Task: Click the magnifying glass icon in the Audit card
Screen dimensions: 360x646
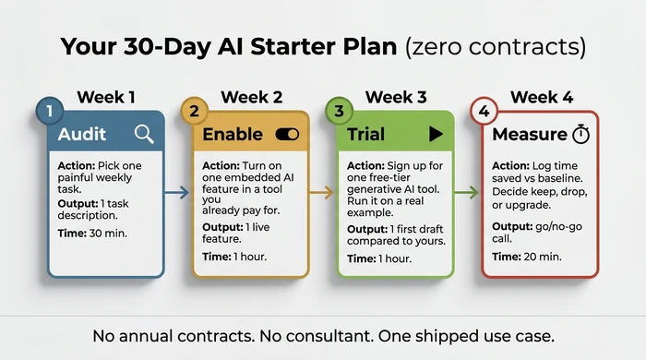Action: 144,134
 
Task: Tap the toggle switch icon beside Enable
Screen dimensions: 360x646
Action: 288,134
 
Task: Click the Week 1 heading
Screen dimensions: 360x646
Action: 106,97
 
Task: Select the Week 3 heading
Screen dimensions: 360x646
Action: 395,97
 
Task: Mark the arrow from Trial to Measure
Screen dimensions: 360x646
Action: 468,193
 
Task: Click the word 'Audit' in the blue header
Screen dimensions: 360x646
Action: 82,135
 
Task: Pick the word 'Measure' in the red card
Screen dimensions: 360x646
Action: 529,135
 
